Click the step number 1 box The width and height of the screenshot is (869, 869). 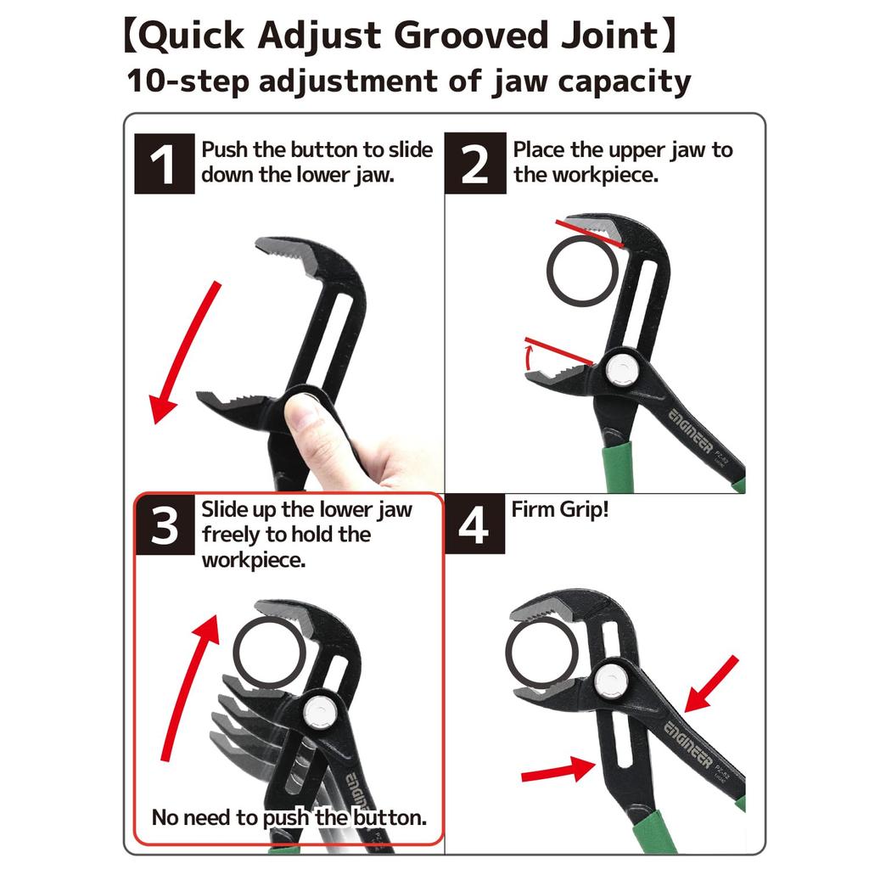(165, 165)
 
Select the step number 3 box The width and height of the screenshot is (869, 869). (165, 526)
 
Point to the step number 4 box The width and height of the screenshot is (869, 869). (474, 526)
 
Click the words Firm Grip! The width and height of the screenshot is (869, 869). (560, 510)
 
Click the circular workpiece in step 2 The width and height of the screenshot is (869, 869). (582, 270)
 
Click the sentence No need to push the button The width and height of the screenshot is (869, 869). (289, 817)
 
